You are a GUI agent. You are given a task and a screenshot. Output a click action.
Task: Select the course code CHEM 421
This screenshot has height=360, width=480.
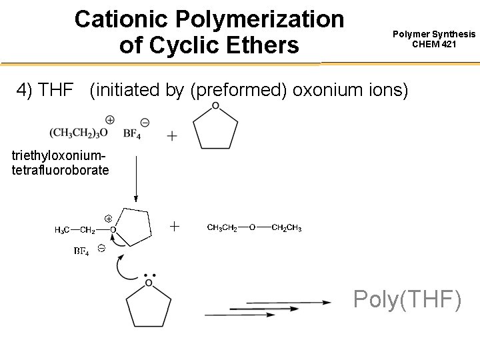(x=434, y=45)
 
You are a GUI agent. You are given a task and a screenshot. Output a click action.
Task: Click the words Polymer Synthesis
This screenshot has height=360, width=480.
(x=434, y=34)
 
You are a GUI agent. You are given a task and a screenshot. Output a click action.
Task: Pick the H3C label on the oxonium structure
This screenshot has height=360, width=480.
(x=63, y=230)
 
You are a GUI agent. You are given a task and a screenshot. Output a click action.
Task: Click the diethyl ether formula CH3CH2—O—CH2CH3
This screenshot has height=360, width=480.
(x=255, y=228)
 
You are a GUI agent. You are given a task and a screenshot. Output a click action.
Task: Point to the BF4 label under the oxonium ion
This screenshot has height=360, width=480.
(x=81, y=251)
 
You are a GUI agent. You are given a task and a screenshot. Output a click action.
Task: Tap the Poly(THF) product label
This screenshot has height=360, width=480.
(x=407, y=300)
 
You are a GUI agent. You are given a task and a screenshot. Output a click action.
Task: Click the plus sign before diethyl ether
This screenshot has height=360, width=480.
(x=175, y=227)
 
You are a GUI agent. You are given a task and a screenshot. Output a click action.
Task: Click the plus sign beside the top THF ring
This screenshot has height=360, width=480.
(x=172, y=136)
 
